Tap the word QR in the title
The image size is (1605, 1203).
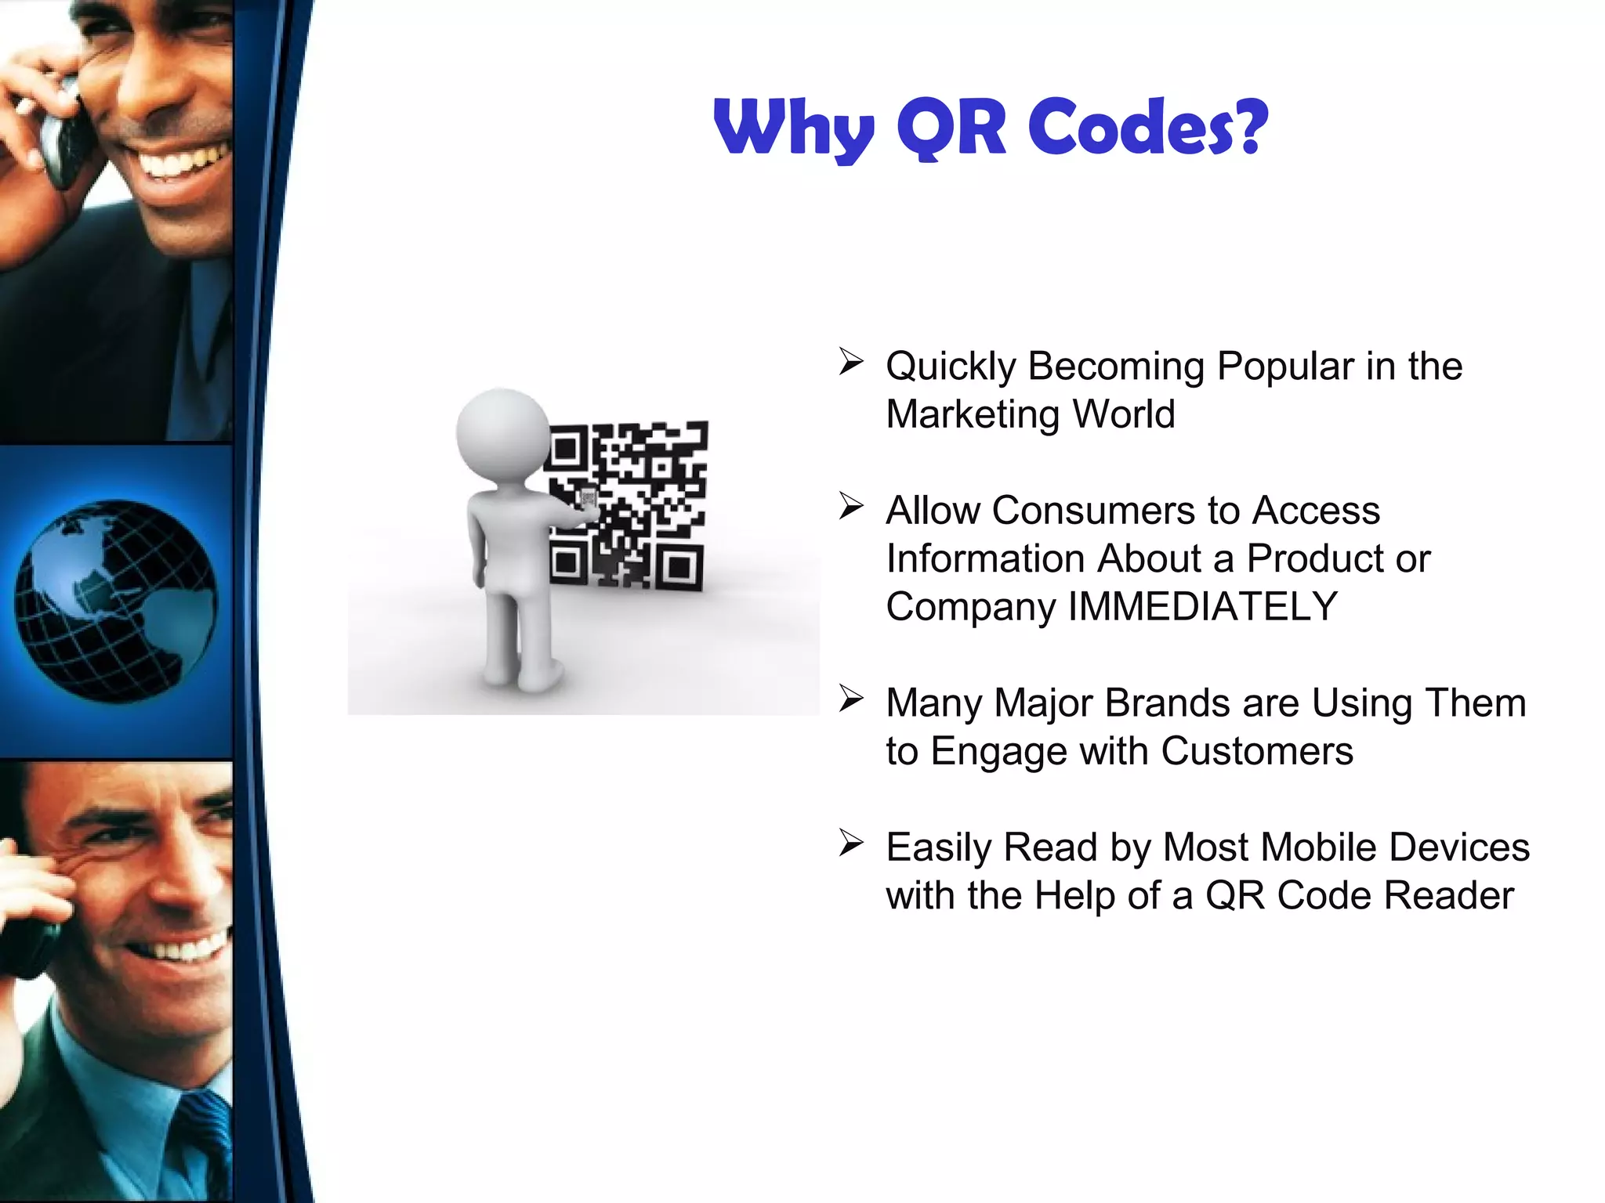(951, 127)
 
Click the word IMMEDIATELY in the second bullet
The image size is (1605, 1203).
(1203, 607)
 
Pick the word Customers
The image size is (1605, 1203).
(1257, 751)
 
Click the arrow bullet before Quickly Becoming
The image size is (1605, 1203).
(850, 361)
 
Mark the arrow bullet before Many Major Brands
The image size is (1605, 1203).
(850, 698)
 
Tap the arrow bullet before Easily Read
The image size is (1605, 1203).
(850, 843)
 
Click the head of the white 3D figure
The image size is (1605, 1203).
(502, 432)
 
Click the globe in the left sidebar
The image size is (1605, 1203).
(116, 601)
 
